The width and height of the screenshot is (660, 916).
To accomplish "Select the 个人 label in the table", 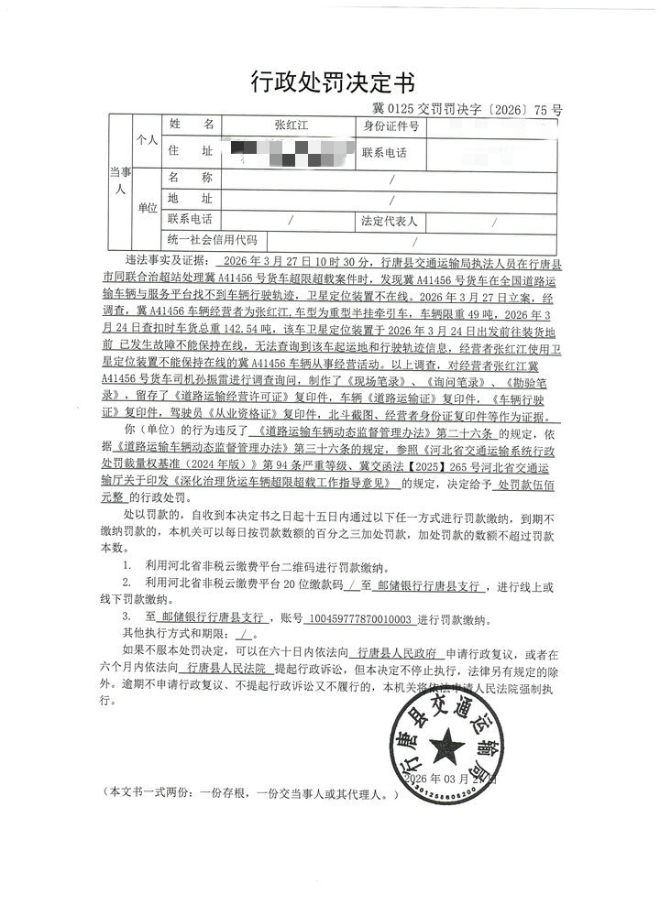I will click(147, 140).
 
